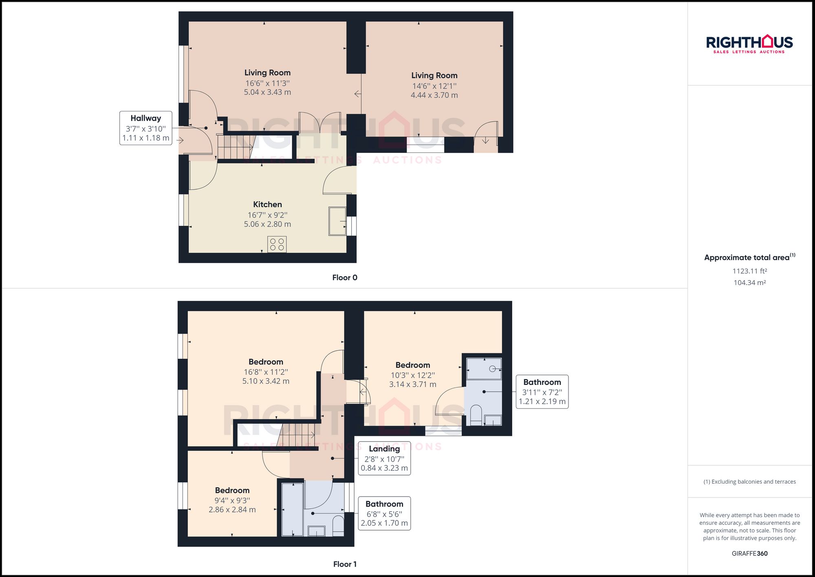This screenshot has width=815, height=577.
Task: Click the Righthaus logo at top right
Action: point(749,44)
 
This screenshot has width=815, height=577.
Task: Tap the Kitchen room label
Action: point(267,204)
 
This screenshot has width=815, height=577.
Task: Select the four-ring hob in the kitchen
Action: point(277,245)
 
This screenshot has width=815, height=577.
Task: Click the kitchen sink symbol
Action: point(337,221)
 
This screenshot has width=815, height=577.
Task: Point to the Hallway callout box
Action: point(145,128)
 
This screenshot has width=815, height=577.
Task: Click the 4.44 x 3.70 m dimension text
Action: point(434,95)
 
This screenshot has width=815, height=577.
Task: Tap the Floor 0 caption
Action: point(344,278)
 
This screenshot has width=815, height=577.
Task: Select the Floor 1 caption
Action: point(344,564)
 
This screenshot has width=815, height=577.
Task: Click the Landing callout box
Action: point(384,458)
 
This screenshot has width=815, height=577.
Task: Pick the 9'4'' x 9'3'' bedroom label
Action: point(232,500)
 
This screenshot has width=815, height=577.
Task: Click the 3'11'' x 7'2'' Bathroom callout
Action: point(542,392)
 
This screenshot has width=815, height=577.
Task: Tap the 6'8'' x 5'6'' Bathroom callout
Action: point(384,513)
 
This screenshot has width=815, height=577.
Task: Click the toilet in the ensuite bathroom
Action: point(476,414)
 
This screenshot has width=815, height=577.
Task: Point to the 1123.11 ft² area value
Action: point(749,271)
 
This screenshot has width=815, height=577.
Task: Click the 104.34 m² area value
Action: point(749,283)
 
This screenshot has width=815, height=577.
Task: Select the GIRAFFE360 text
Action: point(749,553)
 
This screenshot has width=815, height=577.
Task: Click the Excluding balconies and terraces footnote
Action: point(749,482)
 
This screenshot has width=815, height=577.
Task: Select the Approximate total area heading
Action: point(749,257)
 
